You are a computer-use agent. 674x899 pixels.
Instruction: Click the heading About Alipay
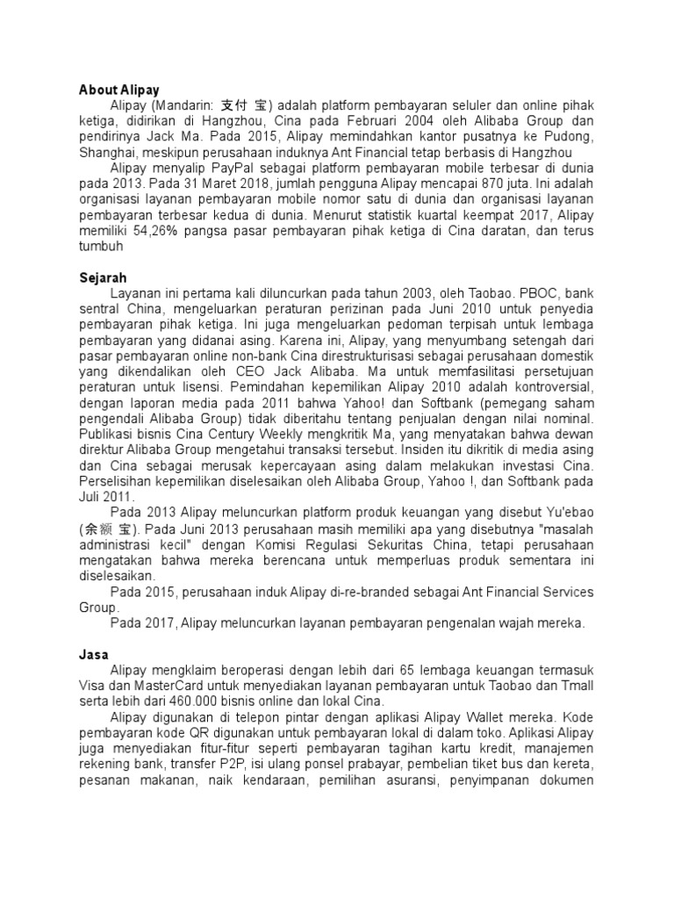pos(119,89)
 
